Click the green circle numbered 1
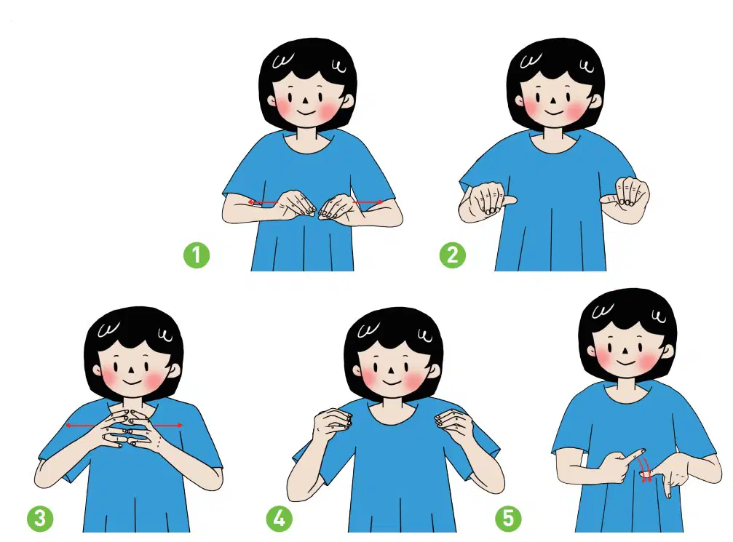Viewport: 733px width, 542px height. [x=197, y=255]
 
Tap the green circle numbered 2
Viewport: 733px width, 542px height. [x=453, y=255]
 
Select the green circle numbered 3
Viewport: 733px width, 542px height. [x=40, y=518]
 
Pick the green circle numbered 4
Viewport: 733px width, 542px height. [x=280, y=518]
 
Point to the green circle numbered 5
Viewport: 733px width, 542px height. [x=508, y=518]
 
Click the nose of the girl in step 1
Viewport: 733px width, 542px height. [x=305, y=100]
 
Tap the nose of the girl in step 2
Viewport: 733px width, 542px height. [x=553, y=100]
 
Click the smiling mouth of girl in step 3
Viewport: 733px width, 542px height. [x=132, y=382]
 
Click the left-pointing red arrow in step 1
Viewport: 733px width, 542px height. [x=264, y=202]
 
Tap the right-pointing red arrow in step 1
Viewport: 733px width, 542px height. [x=368, y=202]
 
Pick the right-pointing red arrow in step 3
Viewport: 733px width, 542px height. [x=168, y=425]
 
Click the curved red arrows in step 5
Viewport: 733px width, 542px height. [x=646, y=470]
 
